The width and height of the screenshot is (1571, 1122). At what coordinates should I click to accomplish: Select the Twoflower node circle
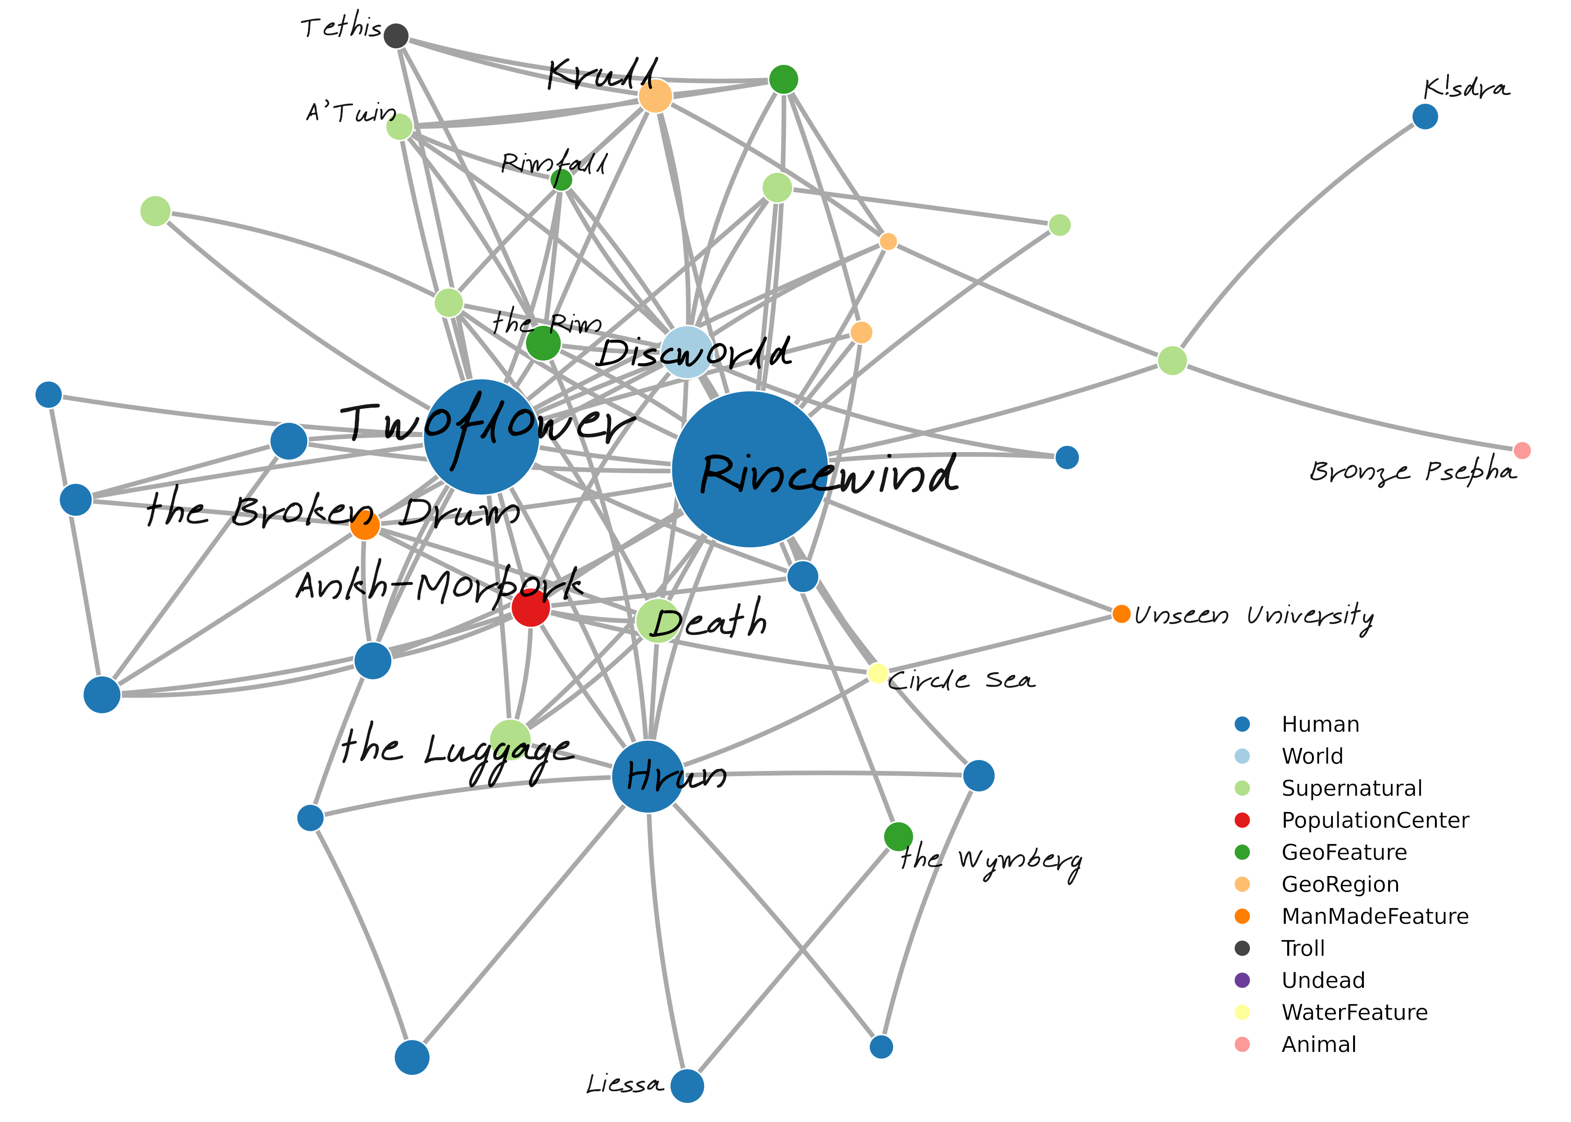tap(482, 437)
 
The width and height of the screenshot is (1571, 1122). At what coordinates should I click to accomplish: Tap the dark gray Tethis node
tap(396, 35)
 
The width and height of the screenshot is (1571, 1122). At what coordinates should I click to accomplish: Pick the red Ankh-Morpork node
tap(531, 608)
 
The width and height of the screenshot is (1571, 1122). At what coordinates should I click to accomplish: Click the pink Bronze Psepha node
tap(1522, 451)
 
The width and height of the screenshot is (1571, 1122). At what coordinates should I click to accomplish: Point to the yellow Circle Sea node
tap(878, 673)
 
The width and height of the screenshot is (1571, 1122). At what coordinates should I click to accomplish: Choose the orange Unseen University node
tap(1121, 613)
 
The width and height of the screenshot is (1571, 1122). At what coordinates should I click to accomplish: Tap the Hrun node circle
tap(648, 777)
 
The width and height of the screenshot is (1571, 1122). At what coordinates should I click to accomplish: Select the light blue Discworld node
tap(687, 352)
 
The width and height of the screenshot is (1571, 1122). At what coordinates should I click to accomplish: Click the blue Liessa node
tap(687, 1086)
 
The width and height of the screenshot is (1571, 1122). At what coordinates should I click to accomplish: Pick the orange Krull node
tap(655, 95)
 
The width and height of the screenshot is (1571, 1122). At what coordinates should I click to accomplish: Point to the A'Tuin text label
tap(351, 112)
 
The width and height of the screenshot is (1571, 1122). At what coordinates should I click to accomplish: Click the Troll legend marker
tap(1242, 948)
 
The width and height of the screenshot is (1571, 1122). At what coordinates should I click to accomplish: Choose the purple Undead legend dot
tap(1242, 980)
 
